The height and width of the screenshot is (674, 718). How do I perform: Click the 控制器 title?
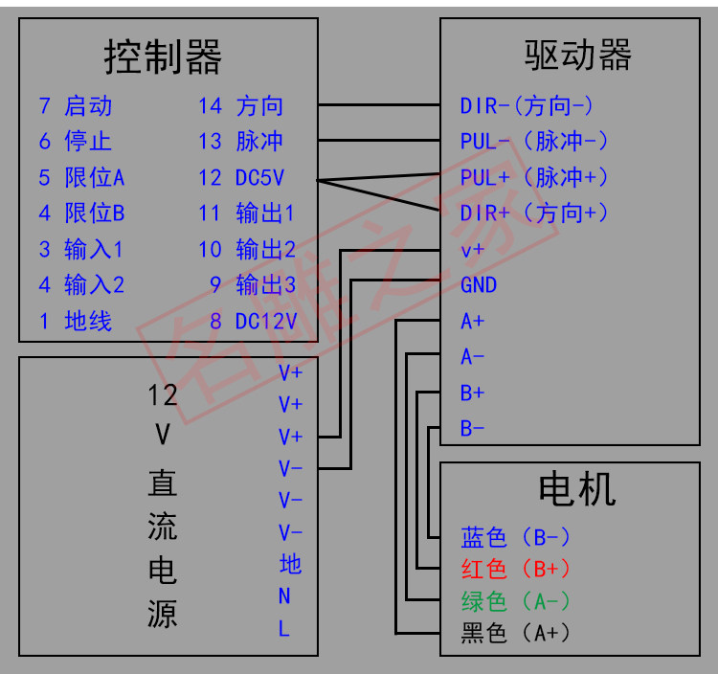[163, 57]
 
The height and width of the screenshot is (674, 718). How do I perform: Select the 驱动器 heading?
[577, 55]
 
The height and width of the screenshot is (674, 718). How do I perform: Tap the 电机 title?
[577, 489]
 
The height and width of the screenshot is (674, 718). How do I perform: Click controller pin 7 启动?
[77, 106]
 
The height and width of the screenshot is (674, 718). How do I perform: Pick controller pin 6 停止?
[77, 142]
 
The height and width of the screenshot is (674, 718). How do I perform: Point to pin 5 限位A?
[82, 177]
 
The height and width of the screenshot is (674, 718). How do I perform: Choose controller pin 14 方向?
[241, 106]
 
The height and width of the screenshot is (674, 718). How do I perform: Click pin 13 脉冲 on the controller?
[241, 142]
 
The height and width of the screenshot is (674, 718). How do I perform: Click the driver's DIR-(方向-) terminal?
[527, 106]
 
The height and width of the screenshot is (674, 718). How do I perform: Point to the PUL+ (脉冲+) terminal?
[534, 177]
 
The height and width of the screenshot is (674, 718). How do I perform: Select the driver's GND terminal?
[479, 285]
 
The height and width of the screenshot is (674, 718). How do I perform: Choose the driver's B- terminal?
[473, 428]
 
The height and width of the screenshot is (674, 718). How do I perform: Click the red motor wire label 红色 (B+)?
[516, 569]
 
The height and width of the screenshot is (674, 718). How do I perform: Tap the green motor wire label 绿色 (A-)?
[516, 601]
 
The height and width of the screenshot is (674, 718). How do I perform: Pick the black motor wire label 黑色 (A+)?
[516, 633]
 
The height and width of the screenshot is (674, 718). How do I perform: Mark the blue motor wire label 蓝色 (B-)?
[516, 536]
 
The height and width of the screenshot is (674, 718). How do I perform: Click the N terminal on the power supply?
[284, 596]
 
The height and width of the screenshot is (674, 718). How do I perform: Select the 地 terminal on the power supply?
[290, 564]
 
